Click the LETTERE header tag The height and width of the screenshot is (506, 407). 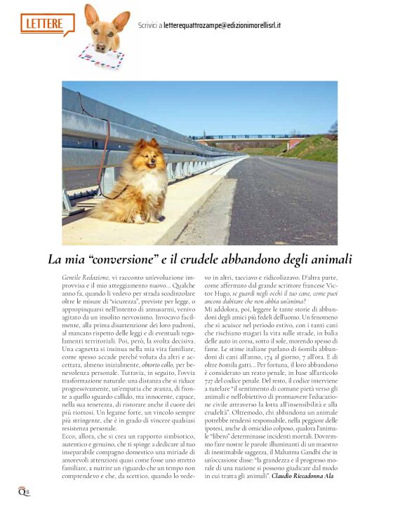46,24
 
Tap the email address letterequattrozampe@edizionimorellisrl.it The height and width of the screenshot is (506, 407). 222,25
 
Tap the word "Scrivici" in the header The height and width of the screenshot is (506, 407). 149,25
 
